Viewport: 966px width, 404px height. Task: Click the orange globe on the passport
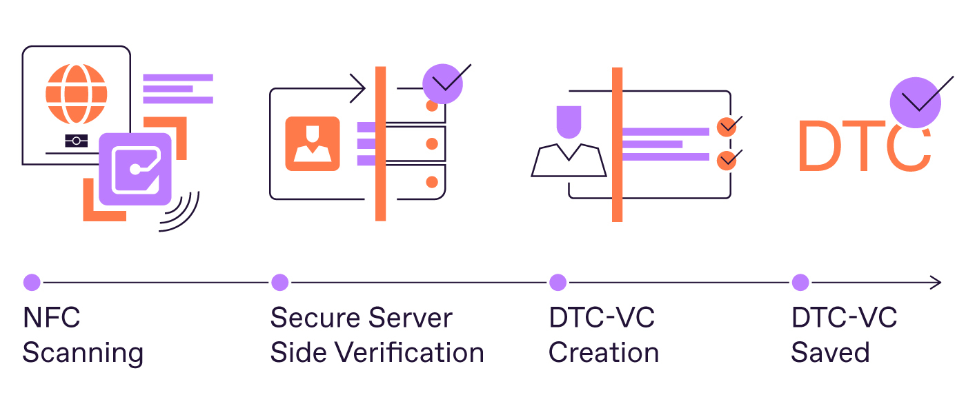point(77,94)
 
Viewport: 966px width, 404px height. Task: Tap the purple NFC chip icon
point(135,169)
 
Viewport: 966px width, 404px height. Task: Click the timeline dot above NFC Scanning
point(32,282)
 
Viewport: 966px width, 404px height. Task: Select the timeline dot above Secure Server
point(279,282)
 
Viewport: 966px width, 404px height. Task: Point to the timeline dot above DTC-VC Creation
point(558,282)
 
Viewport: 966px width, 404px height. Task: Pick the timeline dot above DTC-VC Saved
point(800,282)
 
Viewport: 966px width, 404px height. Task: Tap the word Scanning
point(83,353)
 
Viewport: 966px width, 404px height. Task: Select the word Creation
point(604,353)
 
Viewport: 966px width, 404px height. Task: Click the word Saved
point(830,353)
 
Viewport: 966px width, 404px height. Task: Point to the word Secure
point(311,319)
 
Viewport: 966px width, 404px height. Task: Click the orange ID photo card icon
point(313,143)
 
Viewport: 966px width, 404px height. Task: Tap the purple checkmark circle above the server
point(442,84)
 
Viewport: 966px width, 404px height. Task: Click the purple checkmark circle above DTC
point(916,102)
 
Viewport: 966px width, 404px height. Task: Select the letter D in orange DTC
point(819,147)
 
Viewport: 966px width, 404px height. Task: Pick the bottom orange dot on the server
point(432,182)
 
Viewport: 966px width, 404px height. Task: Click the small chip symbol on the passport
point(76,141)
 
